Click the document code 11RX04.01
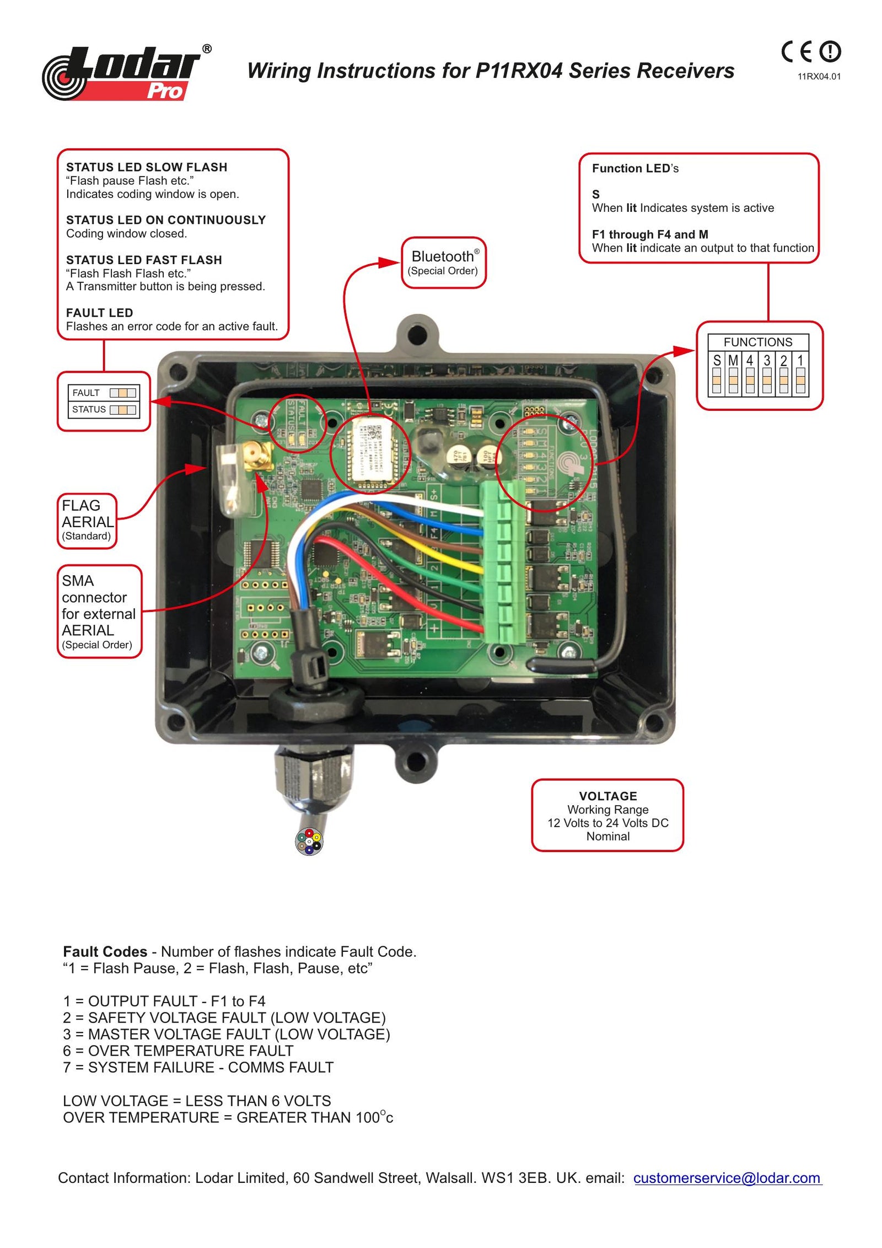(818, 77)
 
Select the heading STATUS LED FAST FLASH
(144, 260)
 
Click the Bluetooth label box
(443, 263)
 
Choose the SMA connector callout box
(99, 611)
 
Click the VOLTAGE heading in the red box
(607, 796)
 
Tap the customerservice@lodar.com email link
(727, 1178)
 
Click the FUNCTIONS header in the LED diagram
(757, 342)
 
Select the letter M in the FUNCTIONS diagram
(733, 361)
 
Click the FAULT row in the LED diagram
(104, 393)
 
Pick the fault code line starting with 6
(178, 1051)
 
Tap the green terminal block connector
(502, 563)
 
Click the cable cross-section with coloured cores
(309, 842)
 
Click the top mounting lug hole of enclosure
(417, 333)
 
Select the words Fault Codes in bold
(105, 952)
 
